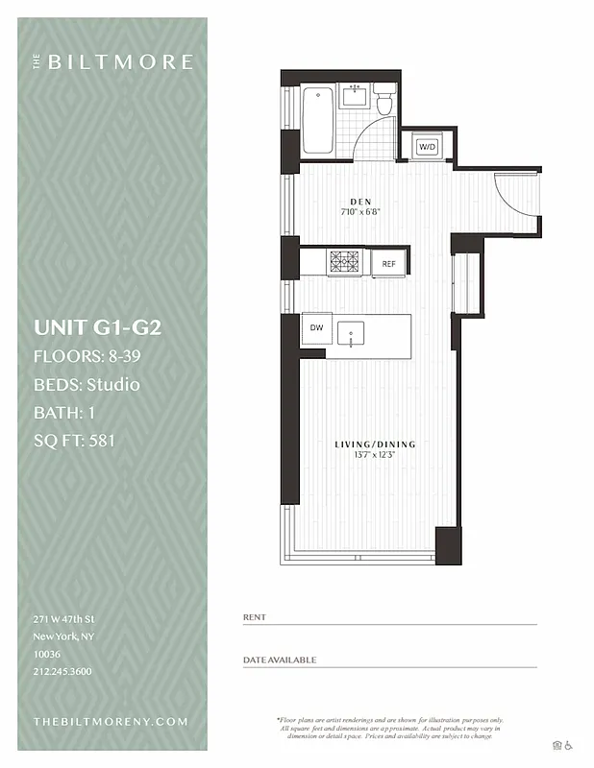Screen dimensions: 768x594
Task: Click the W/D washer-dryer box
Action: click(x=426, y=147)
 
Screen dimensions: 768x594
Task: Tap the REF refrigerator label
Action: click(x=388, y=263)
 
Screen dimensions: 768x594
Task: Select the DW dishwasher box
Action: click(x=316, y=328)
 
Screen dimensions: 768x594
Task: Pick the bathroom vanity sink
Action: click(x=355, y=95)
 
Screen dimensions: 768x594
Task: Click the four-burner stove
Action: click(x=344, y=262)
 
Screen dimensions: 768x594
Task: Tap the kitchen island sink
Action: click(x=353, y=336)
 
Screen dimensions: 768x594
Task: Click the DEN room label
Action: click(x=360, y=202)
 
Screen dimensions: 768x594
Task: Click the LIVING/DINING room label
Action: click(x=375, y=444)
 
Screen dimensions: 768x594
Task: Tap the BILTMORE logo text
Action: click(x=119, y=62)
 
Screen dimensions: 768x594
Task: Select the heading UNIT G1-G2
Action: click(x=97, y=327)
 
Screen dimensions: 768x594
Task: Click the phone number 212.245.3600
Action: click(x=62, y=671)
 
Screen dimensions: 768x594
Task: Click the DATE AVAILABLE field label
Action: click(x=280, y=660)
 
